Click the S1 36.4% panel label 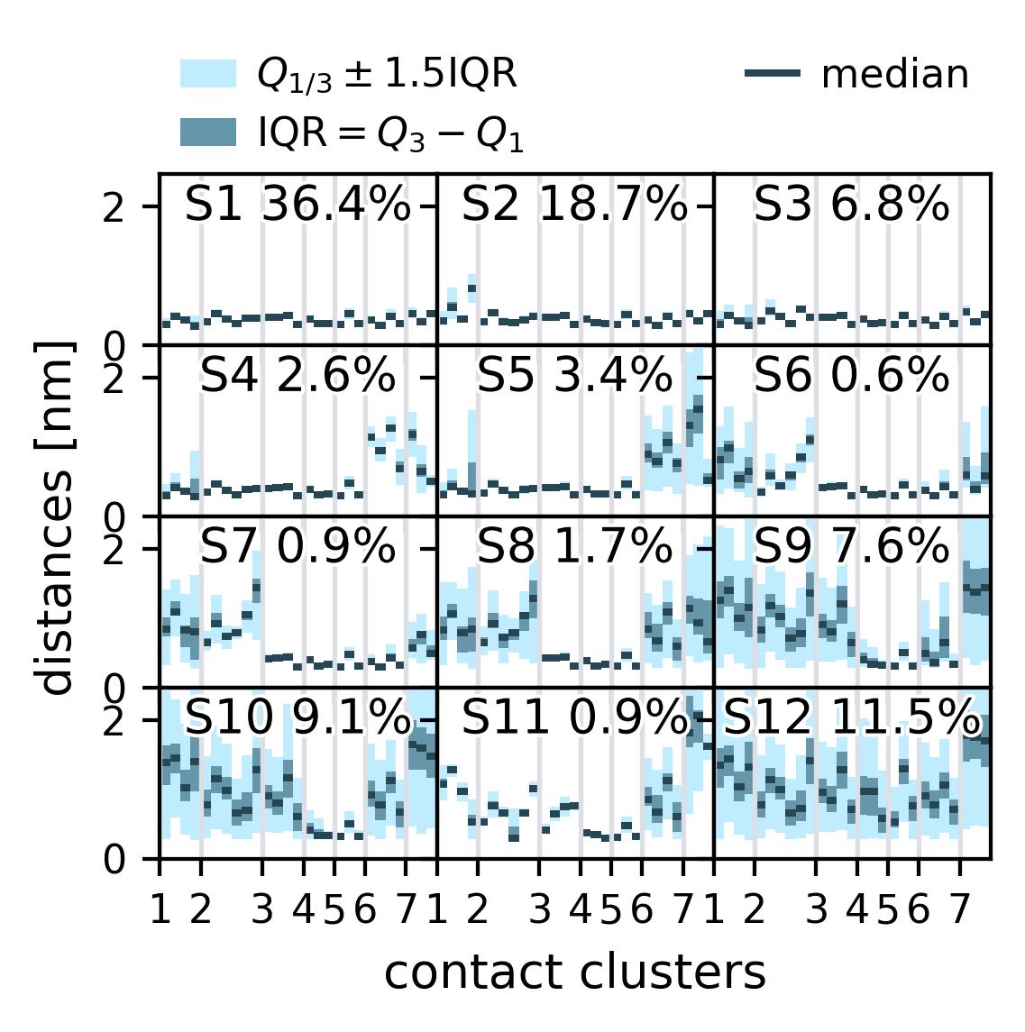tap(297, 205)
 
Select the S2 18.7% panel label tap(574, 205)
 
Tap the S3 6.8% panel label tap(851, 205)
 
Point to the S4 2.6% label tap(297, 377)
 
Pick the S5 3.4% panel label tap(574, 377)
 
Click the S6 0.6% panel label tap(851, 377)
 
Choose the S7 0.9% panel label tap(297, 547)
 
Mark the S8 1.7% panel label tap(574, 547)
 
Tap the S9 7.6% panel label tap(851, 547)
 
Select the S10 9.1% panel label tap(297, 718)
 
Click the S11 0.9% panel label tap(574, 718)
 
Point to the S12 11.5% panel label tap(852, 718)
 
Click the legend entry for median tap(894, 76)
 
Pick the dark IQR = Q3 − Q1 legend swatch tap(208, 132)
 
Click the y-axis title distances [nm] tap(57, 517)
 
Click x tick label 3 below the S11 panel tap(539, 911)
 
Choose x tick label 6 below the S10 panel tap(365, 911)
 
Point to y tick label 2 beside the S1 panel tap(114, 209)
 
